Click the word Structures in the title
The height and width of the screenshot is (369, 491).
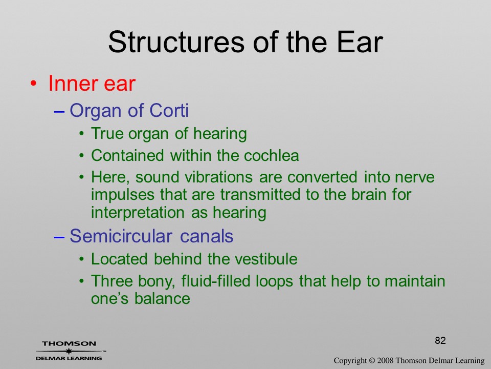click(176, 42)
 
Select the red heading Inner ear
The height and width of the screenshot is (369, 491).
click(92, 84)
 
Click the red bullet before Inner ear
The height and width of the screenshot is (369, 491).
click(34, 84)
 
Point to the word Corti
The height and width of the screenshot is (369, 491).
click(169, 110)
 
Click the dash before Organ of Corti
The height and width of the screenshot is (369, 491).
click(59, 111)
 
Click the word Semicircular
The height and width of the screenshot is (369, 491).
click(121, 236)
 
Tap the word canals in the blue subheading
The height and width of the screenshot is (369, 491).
click(207, 236)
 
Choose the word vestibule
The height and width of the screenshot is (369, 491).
click(266, 259)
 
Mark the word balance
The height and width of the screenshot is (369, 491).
click(162, 298)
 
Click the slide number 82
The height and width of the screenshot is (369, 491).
click(440, 340)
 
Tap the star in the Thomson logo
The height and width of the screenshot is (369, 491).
click(69, 351)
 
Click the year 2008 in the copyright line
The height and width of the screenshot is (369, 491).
click(385, 360)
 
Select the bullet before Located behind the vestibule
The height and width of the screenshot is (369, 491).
click(82, 259)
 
